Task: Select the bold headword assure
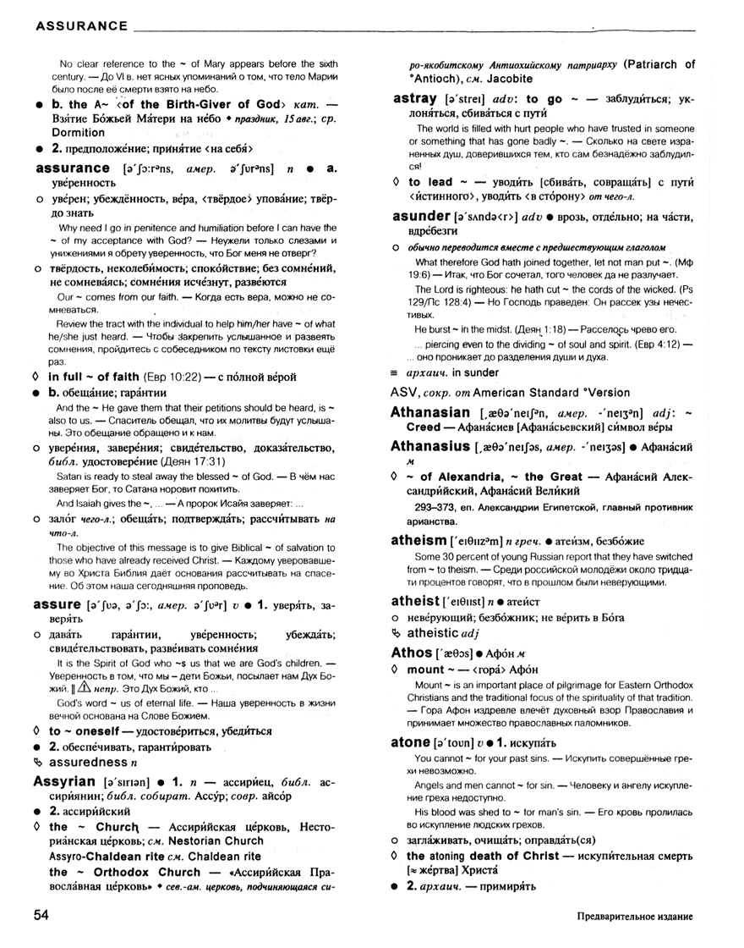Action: [56, 605]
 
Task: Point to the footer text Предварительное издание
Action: [636, 917]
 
